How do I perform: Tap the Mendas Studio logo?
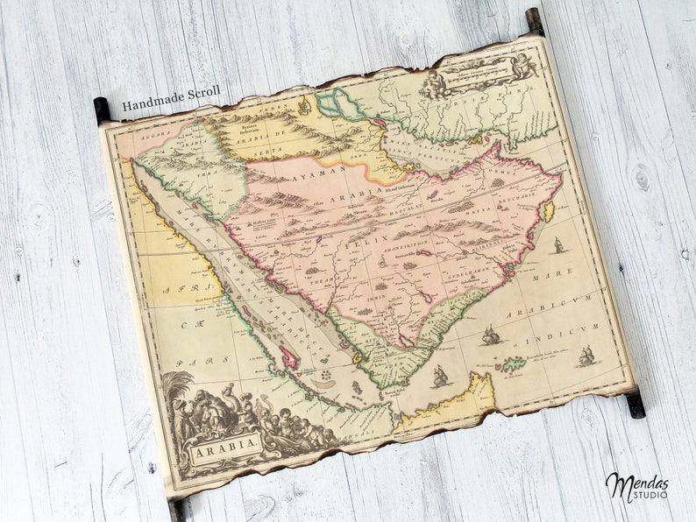636,486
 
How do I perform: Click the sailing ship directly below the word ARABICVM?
492,335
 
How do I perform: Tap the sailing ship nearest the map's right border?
586,356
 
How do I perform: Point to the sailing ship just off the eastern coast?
558,245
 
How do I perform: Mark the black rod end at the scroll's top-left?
102,109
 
